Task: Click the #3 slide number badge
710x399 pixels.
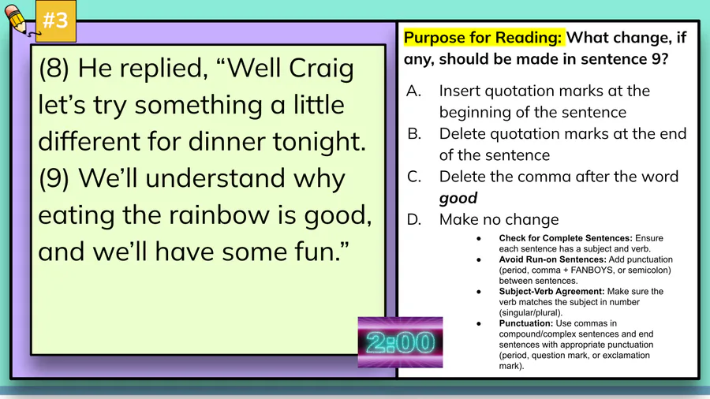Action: point(56,21)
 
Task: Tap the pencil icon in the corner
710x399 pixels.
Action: point(17,19)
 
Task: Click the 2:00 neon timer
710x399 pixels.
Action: point(400,342)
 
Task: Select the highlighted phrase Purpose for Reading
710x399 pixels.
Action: point(483,38)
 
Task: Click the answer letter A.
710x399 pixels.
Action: point(414,91)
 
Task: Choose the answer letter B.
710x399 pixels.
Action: point(414,134)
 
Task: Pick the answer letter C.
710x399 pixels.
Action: point(414,177)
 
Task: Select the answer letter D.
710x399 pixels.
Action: point(414,219)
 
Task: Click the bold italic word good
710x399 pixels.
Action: point(458,199)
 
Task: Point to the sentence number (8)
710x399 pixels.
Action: point(54,69)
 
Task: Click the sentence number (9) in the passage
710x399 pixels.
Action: point(54,178)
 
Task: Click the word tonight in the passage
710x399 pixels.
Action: point(319,141)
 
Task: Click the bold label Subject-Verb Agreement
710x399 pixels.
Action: point(551,291)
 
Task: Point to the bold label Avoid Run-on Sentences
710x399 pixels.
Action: point(552,259)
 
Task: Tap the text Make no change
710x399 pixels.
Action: point(499,219)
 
